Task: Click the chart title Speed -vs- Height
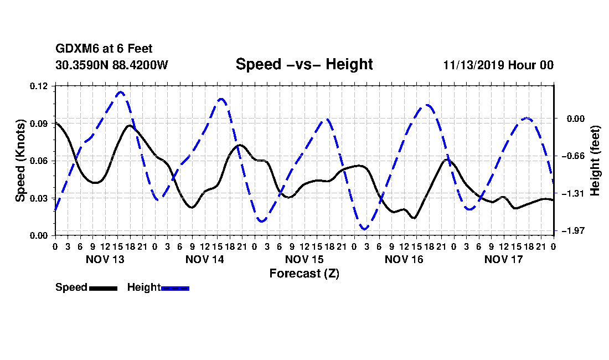point(304,64)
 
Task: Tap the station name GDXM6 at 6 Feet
point(104,49)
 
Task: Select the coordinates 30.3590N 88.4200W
point(111,65)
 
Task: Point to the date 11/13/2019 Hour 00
point(498,65)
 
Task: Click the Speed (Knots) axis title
point(20,161)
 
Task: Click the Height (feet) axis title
point(595,161)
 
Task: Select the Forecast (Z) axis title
point(304,274)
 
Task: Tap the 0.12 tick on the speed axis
point(39,86)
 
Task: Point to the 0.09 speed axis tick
point(39,124)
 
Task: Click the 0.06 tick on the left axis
point(39,161)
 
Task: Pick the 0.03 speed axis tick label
point(39,198)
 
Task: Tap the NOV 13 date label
point(105,259)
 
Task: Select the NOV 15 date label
point(304,259)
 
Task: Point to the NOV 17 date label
point(504,259)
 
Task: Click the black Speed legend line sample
point(103,288)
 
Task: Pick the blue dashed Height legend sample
point(175,288)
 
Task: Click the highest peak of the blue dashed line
point(120,92)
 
